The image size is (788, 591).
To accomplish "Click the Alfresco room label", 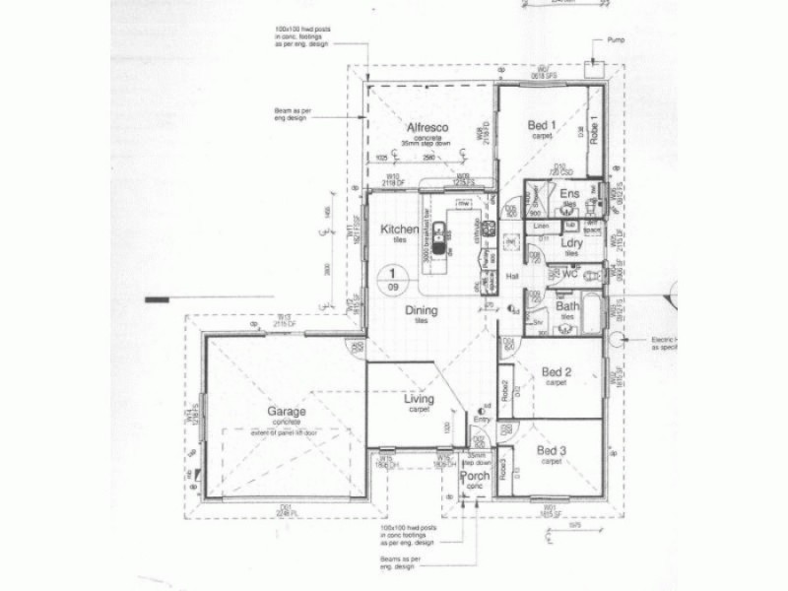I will coord(428,128).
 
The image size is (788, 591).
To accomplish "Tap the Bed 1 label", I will coord(542,125).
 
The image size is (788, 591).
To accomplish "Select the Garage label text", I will coord(286,412).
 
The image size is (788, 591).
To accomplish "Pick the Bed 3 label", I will coord(553,451).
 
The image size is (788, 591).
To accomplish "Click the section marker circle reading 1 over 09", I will coord(395,279).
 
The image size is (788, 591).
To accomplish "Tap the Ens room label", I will coord(569,195).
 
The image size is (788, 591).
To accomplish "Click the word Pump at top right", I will coord(618,41).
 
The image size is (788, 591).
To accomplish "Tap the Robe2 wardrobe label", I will coord(504,389).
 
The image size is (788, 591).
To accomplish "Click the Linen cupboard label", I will coord(541,228).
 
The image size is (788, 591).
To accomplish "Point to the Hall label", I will coord(512,277).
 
